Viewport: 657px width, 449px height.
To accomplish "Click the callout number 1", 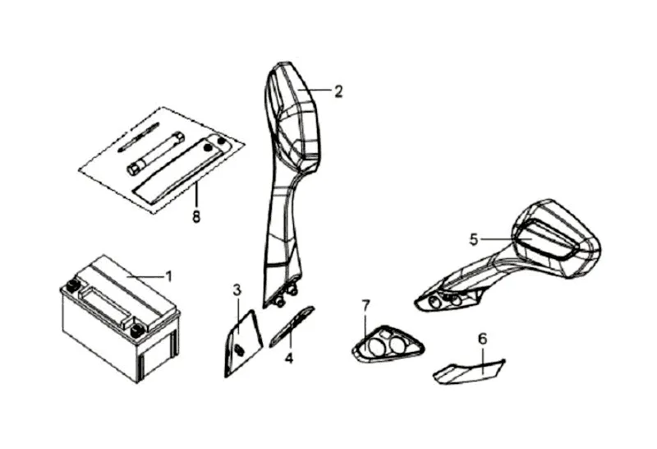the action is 169,275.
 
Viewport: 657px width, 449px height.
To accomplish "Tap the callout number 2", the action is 338,91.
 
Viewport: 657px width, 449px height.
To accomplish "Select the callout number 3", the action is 237,289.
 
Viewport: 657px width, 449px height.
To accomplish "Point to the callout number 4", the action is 289,359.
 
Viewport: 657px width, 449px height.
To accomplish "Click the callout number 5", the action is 474,239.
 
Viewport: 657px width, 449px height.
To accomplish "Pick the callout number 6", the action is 483,338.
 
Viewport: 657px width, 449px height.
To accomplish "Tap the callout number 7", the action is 366,306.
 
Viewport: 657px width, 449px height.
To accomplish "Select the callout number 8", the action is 196,218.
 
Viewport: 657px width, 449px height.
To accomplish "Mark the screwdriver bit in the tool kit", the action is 138,137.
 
